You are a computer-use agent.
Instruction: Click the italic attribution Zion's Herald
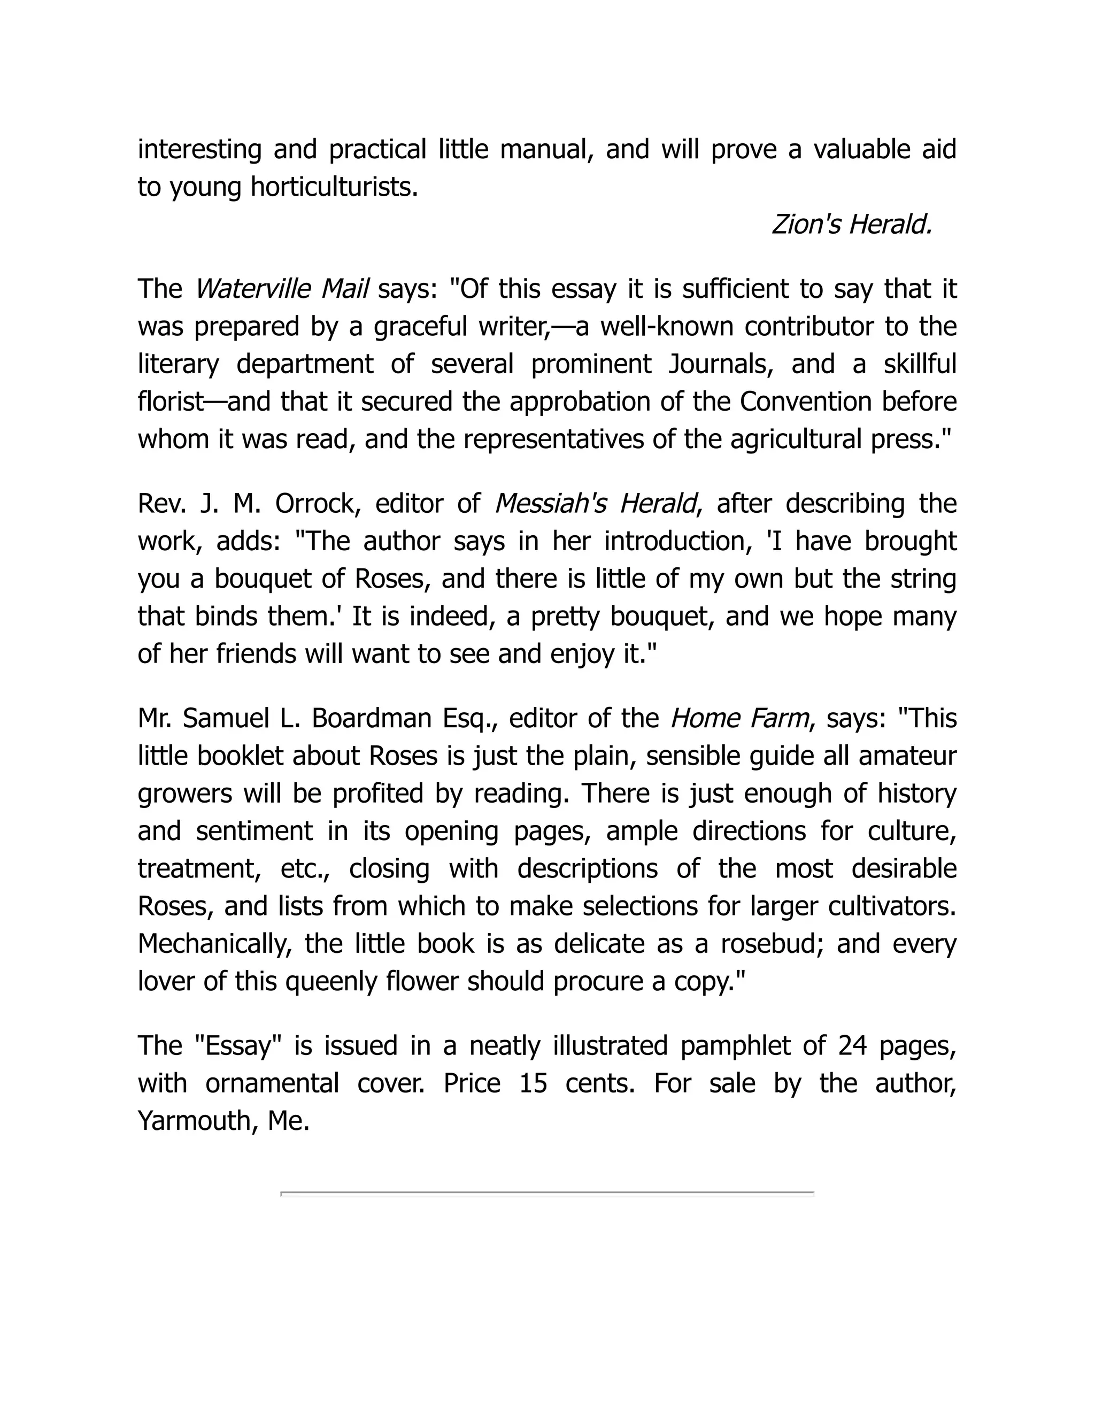click(852, 225)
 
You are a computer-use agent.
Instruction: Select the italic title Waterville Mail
click(282, 289)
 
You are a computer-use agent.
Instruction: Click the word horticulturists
click(334, 188)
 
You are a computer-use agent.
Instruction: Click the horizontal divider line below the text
click(547, 1192)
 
